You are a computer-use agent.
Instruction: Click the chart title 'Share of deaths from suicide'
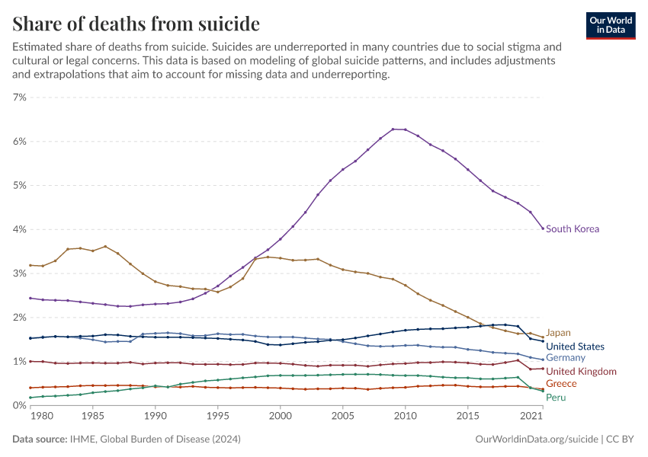pyautogui.click(x=136, y=24)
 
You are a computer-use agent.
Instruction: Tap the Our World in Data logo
pyautogui.click(x=610, y=25)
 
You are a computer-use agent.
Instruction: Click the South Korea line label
pyautogui.click(x=572, y=229)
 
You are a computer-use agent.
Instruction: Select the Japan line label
pyautogui.click(x=558, y=333)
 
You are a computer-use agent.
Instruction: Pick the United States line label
pyautogui.click(x=575, y=347)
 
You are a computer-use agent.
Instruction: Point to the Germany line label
pyautogui.click(x=565, y=358)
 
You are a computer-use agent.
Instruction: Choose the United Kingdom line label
pyautogui.click(x=581, y=372)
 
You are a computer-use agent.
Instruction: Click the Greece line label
pyautogui.click(x=561, y=384)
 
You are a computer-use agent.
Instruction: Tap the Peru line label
pyautogui.click(x=556, y=398)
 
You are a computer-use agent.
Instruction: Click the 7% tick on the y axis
pyautogui.click(x=19, y=97)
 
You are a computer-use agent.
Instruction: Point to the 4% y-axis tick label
pyautogui.click(x=19, y=229)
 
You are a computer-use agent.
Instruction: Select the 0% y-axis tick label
pyautogui.click(x=19, y=405)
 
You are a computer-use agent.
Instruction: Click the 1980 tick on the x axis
pyautogui.click(x=43, y=417)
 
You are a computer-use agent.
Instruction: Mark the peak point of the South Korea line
pyautogui.click(x=393, y=129)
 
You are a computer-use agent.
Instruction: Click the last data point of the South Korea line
pyautogui.click(x=543, y=228)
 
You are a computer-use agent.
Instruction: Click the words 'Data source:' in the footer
pyautogui.click(x=39, y=439)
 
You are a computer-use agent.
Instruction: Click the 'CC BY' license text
pyautogui.click(x=621, y=439)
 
